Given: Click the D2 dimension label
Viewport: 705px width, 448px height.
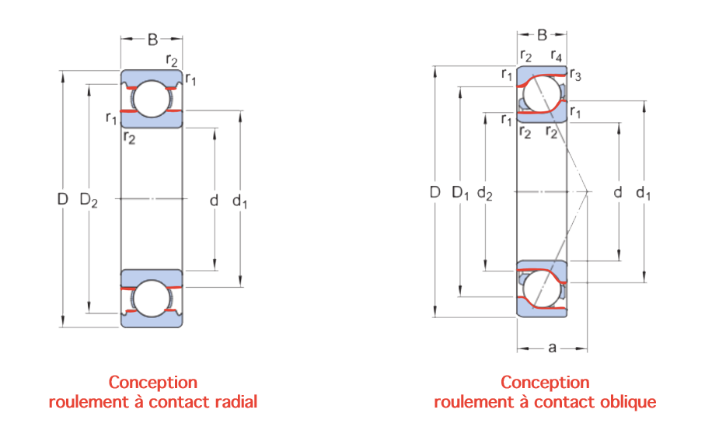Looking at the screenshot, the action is pyautogui.click(x=89, y=200).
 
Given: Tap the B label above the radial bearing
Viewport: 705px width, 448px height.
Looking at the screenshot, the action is pyautogui.click(x=153, y=40).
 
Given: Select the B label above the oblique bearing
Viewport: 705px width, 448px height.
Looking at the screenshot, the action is pyautogui.click(x=543, y=35).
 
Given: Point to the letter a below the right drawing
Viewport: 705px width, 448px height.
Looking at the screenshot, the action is pyautogui.click(x=552, y=347).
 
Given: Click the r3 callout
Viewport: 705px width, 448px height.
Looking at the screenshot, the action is pyautogui.click(x=575, y=75).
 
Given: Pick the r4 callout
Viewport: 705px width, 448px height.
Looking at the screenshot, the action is pyautogui.click(x=557, y=56).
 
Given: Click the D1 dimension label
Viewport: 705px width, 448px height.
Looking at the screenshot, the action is pyautogui.click(x=460, y=193).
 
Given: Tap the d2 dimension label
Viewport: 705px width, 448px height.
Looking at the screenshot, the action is pyautogui.click(x=485, y=194).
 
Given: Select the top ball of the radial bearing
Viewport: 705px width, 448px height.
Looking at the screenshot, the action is pyautogui.click(x=152, y=99).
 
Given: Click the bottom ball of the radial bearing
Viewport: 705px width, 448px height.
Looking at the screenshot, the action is pyautogui.click(x=152, y=298).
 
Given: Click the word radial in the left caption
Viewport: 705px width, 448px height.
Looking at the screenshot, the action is pyautogui.click(x=236, y=401).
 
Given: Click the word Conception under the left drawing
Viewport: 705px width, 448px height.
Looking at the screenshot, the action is pyautogui.click(x=153, y=383).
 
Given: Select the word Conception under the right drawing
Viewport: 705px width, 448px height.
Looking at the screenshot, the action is pyautogui.click(x=545, y=383).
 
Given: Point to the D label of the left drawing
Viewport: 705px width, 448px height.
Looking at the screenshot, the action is pyautogui.click(x=63, y=199).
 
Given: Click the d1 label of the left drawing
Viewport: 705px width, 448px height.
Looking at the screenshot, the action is pyautogui.click(x=239, y=201).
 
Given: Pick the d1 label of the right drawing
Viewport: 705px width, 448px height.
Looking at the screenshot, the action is pyautogui.click(x=643, y=193).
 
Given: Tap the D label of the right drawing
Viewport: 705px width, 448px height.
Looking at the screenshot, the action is pyautogui.click(x=435, y=192).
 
